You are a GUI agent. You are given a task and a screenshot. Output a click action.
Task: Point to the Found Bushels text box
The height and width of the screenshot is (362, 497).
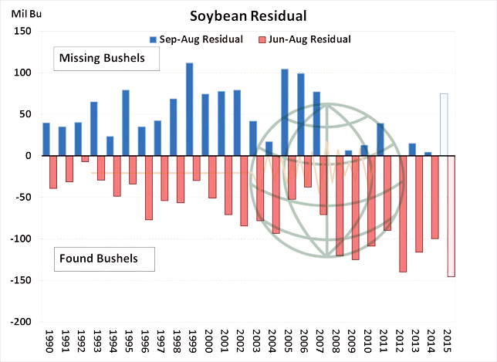[104, 259]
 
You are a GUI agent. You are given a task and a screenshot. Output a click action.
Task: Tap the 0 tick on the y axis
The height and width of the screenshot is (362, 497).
[25, 156]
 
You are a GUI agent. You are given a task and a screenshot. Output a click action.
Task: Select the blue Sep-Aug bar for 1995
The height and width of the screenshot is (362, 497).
[126, 123]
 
